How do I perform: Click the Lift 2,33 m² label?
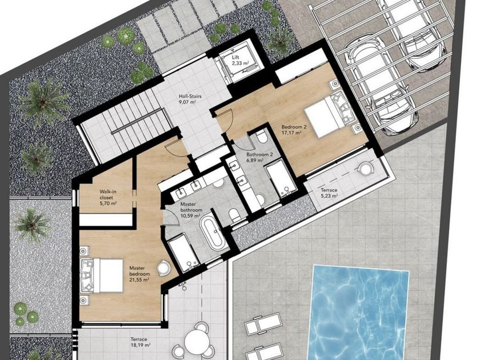(240, 60)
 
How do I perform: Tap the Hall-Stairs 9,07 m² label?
(190, 99)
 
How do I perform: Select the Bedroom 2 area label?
(291, 130)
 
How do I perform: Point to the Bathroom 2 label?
(259, 157)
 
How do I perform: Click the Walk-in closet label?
(108, 198)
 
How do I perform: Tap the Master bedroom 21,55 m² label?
(139, 273)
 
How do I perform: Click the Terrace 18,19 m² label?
(140, 342)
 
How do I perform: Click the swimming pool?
(360, 312)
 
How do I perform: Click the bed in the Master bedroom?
(102, 275)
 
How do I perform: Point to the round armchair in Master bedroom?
(163, 268)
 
